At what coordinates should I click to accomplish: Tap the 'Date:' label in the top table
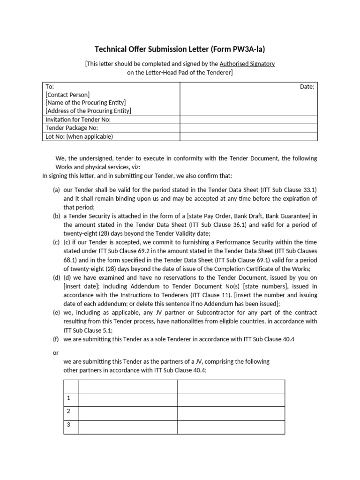(307, 87)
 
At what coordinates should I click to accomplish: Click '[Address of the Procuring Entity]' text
(88, 111)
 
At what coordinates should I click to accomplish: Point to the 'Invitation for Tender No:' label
(78, 120)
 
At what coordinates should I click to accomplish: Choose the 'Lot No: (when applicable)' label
(79, 137)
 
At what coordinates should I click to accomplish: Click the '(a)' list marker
(56, 190)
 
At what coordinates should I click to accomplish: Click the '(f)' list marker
(56, 339)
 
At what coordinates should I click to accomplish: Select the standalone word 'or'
(56, 352)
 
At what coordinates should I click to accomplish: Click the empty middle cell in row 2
(128, 413)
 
